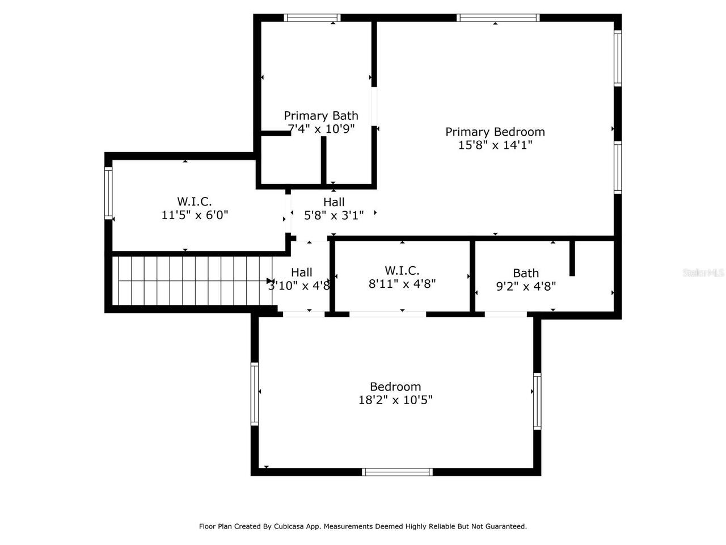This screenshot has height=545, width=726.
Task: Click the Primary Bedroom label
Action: coord(495,132)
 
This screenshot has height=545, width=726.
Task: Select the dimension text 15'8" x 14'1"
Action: coord(495,145)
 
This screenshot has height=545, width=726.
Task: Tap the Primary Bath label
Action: coord(321,116)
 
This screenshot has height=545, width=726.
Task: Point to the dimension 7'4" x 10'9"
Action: coord(322,129)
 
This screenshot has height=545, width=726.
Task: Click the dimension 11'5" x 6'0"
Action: coord(195,215)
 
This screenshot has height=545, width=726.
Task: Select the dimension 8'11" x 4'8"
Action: coord(402,284)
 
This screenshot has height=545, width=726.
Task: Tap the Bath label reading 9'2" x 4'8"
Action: coord(526,273)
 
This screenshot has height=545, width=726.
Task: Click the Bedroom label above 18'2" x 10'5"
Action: coord(395,387)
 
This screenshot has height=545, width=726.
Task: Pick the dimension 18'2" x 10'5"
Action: coord(395,400)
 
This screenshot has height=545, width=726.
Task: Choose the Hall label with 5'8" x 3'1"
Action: coord(334,202)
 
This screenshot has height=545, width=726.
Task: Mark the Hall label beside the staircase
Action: coord(301,272)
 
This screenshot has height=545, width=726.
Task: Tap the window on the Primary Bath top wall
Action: coord(312,18)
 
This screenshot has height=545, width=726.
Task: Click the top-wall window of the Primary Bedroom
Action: coord(498,18)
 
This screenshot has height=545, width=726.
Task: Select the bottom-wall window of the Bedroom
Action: coord(397,472)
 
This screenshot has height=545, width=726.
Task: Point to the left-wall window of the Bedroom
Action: coord(255,394)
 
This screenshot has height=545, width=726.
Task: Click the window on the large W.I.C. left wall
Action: coord(108,193)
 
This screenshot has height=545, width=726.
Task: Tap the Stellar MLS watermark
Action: coord(703,273)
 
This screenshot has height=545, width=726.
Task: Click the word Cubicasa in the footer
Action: coord(288,526)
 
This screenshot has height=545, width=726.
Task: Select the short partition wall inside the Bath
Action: coord(572,258)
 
